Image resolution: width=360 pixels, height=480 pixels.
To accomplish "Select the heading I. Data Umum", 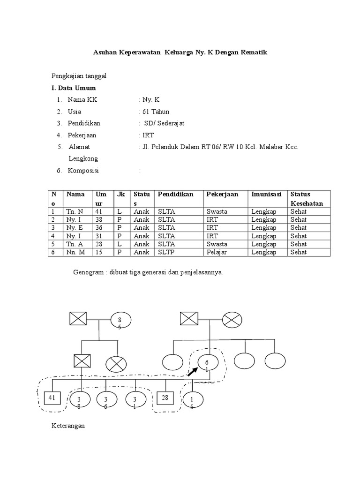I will point(74,88).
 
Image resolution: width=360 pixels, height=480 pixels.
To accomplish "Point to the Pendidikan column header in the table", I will point(175,194).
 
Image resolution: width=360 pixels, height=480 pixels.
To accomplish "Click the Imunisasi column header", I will point(266,194).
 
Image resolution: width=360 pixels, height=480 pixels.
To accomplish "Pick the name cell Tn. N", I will point(75,211).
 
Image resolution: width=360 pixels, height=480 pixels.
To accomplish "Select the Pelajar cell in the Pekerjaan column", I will point(217,252).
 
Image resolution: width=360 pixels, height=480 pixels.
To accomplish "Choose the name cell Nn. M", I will point(75,252).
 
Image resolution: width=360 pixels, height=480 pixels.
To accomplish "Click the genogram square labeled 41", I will point(52,398).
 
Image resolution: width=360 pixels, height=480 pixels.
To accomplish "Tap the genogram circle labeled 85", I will point(121,322).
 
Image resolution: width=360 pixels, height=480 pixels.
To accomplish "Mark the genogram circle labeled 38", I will point(79,401).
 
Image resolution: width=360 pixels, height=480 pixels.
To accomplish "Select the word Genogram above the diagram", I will point(88,272).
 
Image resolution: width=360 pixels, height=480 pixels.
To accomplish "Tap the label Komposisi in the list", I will point(83,171).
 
